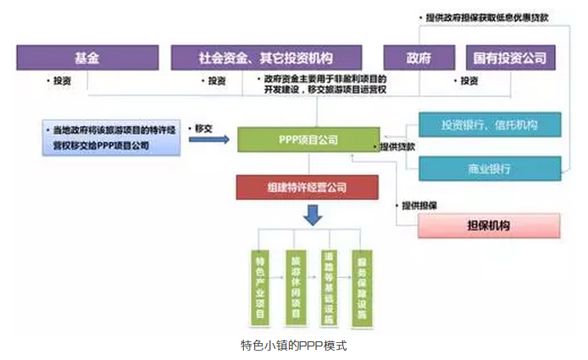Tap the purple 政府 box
[417, 58]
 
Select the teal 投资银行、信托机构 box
[490, 125]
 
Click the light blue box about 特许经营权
[111, 138]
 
